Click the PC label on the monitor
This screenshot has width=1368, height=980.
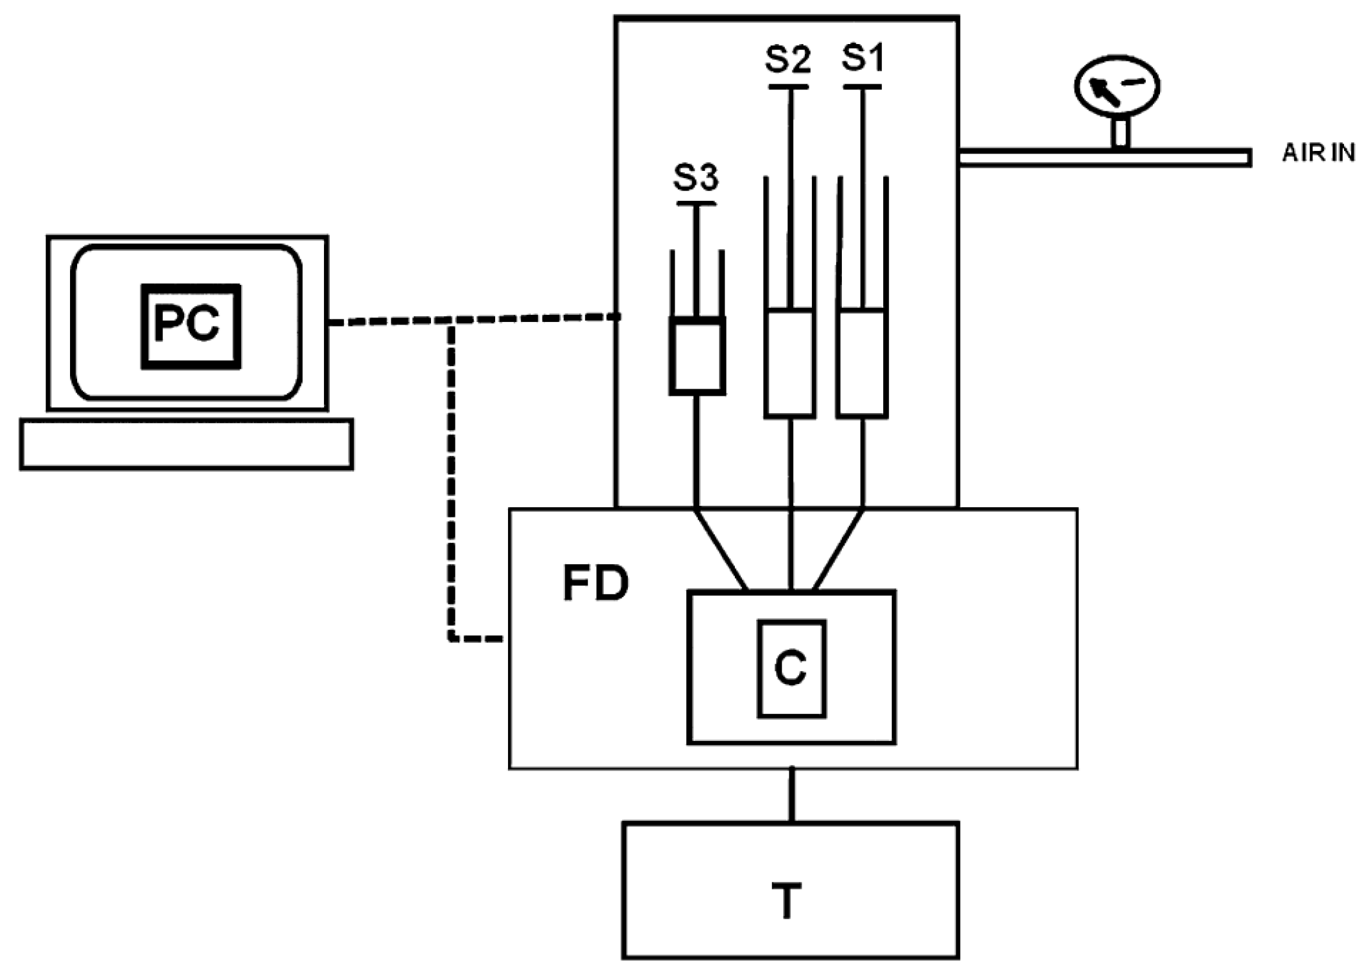pyautogui.click(x=191, y=326)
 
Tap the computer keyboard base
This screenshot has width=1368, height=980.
pyautogui.click(x=186, y=444)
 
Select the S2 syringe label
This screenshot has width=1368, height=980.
pyautogui.click(x=787, y=58)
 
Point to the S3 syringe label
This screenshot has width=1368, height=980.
pyautogui.click(x=696, y=177)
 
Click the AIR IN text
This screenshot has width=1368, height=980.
pyautogui.click(x=1318, y=153)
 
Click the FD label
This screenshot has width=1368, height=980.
pyautogui.click(x=595, y=584)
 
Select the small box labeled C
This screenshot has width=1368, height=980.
pyautogui.click(x=791, y=668)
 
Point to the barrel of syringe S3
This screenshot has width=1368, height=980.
pyautogui.click(x=697, y=356)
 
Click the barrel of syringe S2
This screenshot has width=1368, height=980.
pyautogui.click(x=789, y=363)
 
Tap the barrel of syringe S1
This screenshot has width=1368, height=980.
pyautogui.click(x=862, y=363)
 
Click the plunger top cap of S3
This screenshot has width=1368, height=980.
pyautogui.click(x=696, y=204)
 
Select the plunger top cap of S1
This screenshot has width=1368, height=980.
pyautogui.click(x=863, y=87)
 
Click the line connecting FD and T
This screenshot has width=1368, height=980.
pyautogui.click(x=791, y=795)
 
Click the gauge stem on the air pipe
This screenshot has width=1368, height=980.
pyautogui.click(x=1120, y=133)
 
